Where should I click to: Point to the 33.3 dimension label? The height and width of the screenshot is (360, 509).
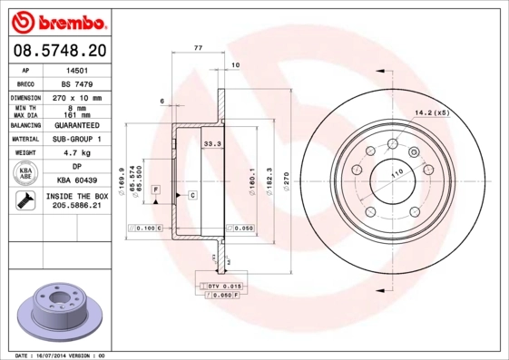pyautogui.click(x=212, y=143)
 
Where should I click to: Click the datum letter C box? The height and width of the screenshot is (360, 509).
pyautogui.click(x=192, y=195)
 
